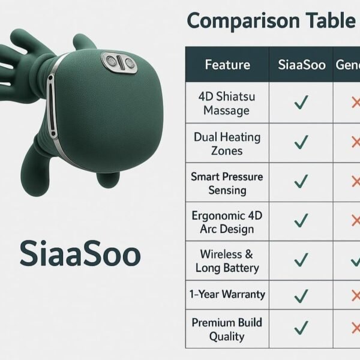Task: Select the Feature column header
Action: point(227,64)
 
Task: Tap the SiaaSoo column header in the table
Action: point(301,64)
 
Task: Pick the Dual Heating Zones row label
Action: point(227,143)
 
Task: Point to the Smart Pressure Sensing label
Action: point(227,183)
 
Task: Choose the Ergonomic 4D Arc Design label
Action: point(227,222)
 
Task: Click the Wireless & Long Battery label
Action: point(227,261)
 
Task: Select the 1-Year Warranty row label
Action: point(227,295)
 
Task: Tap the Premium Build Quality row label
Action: point(227,329)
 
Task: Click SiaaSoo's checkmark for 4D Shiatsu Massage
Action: point(301,103)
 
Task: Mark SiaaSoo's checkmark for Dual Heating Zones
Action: point(301,143)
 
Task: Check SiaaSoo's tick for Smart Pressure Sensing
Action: point(301,182)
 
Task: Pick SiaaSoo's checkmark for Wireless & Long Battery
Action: point(301,260)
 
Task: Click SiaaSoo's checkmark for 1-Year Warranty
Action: point(301,295)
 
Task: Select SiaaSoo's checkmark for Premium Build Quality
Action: point(301,328)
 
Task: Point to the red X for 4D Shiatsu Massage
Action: point(355,103)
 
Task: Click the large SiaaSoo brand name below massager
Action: point(80,254)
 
